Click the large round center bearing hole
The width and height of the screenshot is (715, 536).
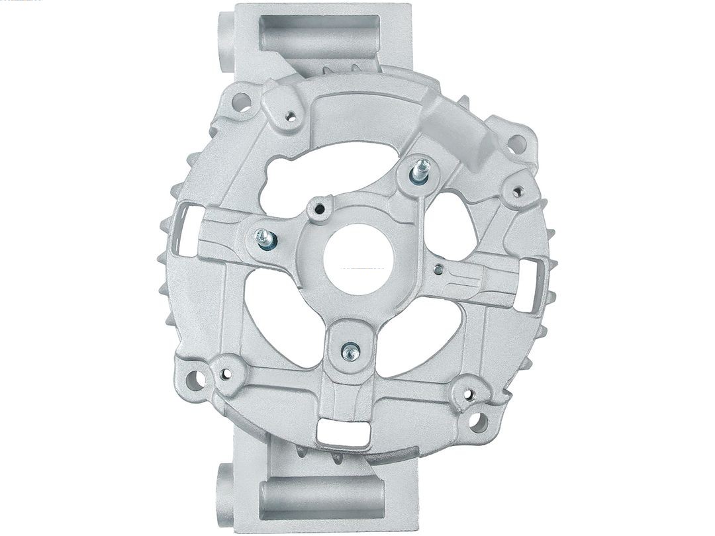(x=359, y=259)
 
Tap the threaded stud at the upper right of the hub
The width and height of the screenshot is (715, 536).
(x=420, y=171)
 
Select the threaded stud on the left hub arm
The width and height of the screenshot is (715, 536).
(x=265, y=239)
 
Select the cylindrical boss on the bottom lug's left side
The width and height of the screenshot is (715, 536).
(x=225, y=494)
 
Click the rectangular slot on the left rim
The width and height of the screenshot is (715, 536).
(x=185, y=229)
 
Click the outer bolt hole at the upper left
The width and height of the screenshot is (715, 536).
(x=241, y=102)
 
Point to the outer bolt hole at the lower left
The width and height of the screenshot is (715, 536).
(x=194, y=380)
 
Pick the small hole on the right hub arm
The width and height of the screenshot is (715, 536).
(x=438, y=269)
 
